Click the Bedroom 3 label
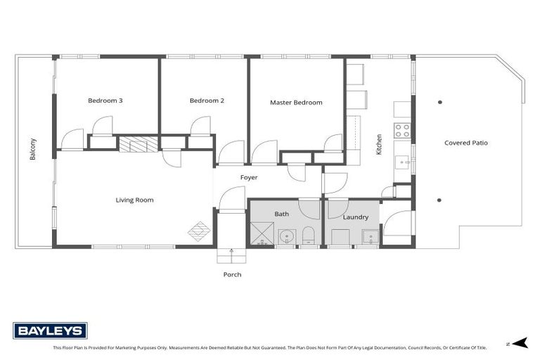105,101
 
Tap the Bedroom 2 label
207,101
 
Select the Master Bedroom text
296,103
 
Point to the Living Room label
134,200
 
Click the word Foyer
249,178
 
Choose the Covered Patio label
465,143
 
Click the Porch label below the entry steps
232,274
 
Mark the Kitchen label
380,144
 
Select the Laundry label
355,217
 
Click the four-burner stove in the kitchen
402,130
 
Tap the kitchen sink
403,162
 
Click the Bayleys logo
50,330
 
